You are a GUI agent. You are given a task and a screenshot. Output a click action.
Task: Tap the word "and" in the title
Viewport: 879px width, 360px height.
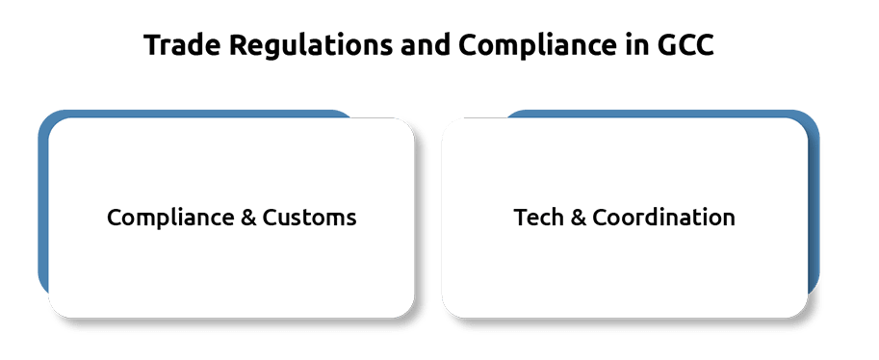426,45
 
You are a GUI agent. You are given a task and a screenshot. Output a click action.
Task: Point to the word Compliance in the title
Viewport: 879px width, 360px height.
537,46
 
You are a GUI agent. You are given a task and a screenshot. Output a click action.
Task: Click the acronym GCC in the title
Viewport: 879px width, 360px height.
685,45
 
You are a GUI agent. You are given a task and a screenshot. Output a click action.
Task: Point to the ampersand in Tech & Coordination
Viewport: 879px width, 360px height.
578,218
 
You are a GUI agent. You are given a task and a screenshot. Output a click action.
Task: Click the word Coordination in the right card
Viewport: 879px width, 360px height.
663,217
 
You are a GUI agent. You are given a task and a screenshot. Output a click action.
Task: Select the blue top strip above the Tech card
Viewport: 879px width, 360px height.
661,114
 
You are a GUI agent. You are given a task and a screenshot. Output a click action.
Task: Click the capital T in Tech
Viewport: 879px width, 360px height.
522,217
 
